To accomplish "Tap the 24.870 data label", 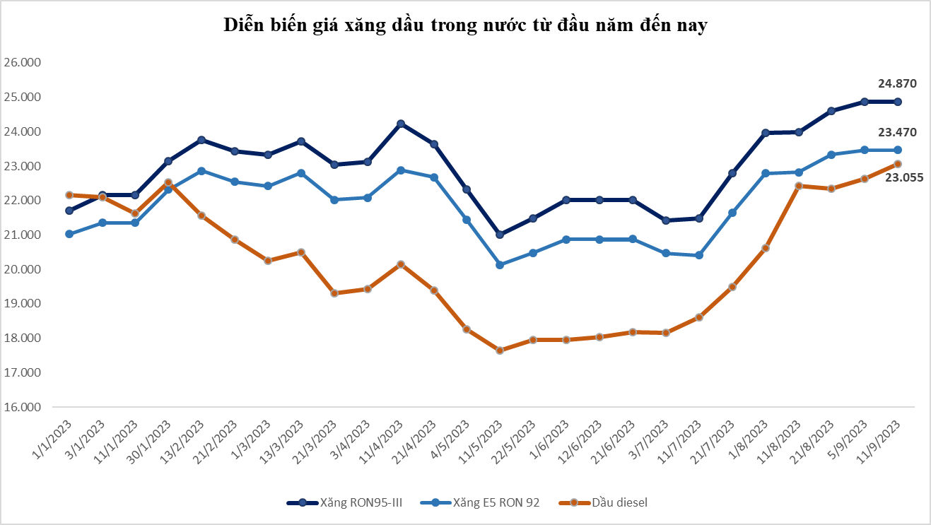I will coord(897,83).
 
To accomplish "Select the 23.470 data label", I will coord(897,132).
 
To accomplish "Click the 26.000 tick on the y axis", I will coord(23,62).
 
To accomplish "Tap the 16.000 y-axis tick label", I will coord(23,407).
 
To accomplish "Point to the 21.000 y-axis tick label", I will coord(23,235).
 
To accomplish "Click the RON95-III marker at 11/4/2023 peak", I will coord(401,124).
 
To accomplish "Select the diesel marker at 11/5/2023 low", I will coord(500,350).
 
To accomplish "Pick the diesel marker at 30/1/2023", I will coord(168,182).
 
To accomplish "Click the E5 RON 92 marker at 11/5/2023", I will coord(500,265).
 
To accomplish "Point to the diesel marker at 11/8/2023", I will coord(799,186).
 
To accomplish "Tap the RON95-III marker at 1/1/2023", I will coord(69,211).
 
